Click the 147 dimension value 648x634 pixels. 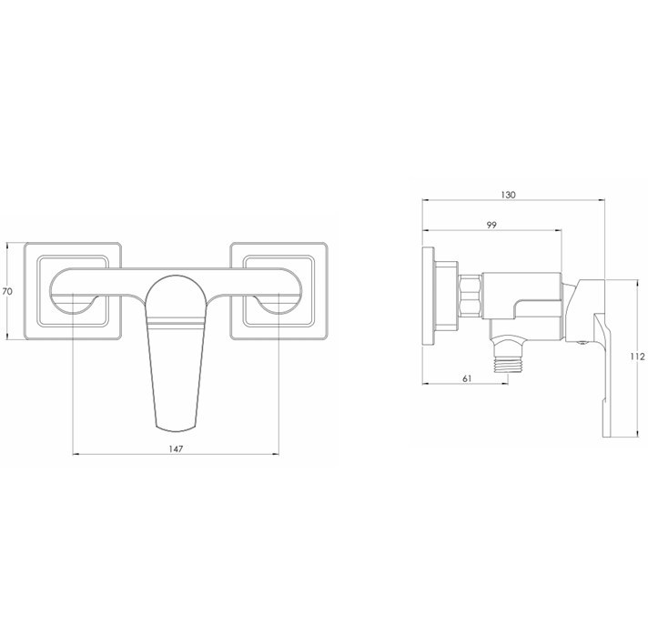(176, 448)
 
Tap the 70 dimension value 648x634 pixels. (7, 292)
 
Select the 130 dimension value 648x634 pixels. (508, 195)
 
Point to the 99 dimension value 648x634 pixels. (491, 225)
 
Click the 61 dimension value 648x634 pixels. (467, 378)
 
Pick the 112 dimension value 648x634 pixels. (638, 357)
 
